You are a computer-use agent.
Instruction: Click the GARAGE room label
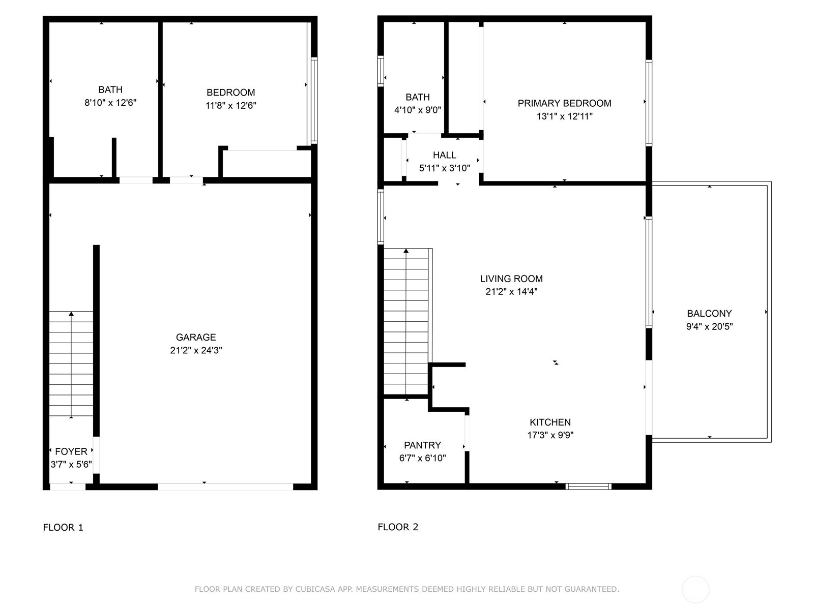click(196, 337)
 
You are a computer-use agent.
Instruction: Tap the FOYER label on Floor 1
click(71, 451)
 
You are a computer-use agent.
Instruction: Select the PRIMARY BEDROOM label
click(564, 103)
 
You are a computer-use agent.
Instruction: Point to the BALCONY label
click(709, 314)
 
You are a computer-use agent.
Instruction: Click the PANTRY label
click(422, 445)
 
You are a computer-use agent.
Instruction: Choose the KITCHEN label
click(550, 422)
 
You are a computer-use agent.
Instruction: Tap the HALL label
click(445, 155)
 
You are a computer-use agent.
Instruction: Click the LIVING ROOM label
click(511, 279)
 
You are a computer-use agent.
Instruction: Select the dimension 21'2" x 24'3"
click(196, 350)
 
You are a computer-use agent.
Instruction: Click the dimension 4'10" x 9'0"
click(418, 110)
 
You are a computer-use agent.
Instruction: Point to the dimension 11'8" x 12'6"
click(230, 106)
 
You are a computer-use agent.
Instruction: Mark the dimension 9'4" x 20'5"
click(709, 327)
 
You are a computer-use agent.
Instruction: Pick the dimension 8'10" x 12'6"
click(110, 103)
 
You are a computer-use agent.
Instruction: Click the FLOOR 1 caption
click(63, 528)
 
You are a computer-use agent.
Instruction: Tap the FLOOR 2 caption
click(398, 527)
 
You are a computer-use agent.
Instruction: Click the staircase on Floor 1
click(71, 363)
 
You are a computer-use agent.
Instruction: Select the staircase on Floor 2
click(406, 321)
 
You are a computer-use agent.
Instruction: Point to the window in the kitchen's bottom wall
click(589, 486)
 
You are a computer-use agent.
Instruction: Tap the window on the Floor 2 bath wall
click(381, 71)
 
